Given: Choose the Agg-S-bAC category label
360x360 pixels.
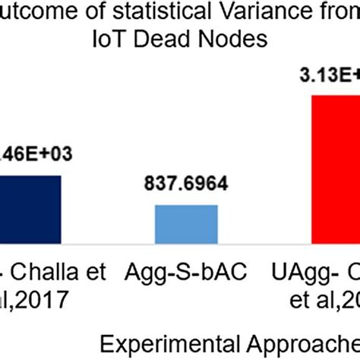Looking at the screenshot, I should click(x=187, y=270).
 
